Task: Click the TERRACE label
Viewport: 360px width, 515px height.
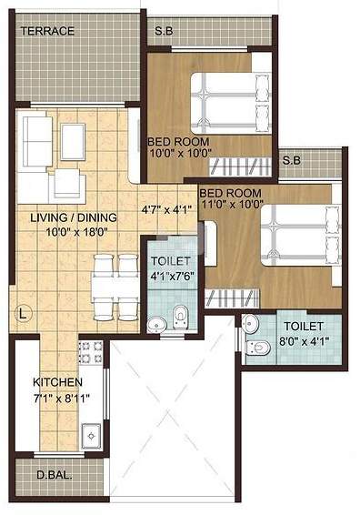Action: point(48,31)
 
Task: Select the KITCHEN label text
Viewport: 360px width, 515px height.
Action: point(58,382)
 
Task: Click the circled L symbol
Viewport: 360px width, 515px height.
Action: point(24,314)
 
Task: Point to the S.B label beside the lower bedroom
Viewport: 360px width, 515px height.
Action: point(291,161)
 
